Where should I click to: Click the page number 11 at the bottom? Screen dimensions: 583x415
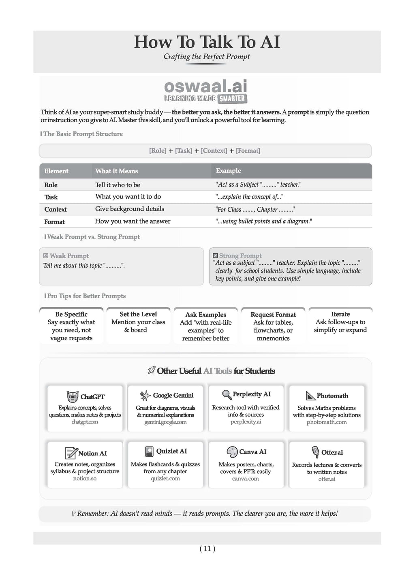(207, 549)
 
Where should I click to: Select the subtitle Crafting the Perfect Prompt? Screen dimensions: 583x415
(207, 57)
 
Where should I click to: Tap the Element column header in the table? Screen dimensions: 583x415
(56, 171)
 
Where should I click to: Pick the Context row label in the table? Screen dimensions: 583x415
(56, 209)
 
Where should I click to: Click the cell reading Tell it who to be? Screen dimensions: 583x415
(118, 185)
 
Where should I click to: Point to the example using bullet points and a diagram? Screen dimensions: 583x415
(263, 221)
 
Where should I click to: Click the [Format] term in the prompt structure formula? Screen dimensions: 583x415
(248, 151)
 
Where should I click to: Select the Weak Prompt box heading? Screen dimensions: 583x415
(69, 256)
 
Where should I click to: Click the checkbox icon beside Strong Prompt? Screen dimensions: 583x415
(215, 256)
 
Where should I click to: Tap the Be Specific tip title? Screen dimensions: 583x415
(71, 314)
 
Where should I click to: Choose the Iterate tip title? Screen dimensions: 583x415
(340, 314)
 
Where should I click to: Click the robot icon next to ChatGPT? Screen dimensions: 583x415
(72, 397)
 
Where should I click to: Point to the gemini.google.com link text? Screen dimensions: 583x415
(165, 422)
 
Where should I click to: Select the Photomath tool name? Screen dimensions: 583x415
(332, 396)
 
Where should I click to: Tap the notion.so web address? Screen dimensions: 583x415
(85, 479)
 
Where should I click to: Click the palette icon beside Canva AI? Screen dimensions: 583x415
(232, 452)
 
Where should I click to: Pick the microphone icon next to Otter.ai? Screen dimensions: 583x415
(315, 452)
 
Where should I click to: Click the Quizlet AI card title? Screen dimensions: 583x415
(171, 451)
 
